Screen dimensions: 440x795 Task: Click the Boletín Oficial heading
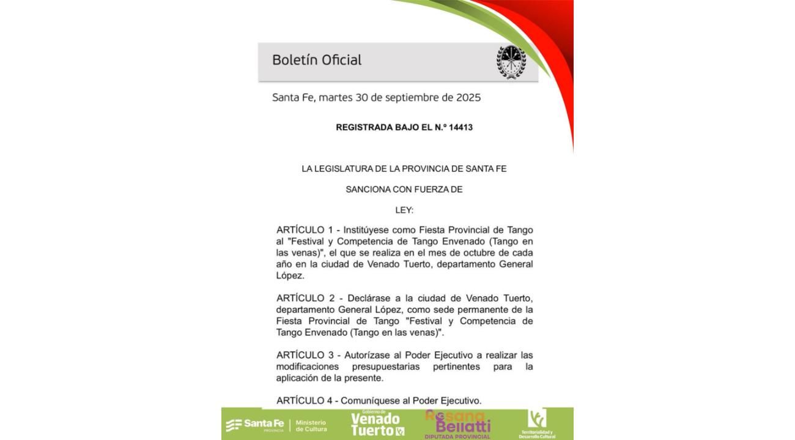click(x=317, y=60)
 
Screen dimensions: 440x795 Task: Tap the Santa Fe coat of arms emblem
click(x=511, y=61)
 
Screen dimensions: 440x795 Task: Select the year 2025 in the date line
click(x=467, y=98)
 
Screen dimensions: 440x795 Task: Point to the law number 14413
click(x=461, y=128)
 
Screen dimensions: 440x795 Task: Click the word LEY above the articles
click(x=404, y=210)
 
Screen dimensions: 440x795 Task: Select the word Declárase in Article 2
click(x=371, y=298)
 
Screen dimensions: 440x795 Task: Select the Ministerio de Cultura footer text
click(x=311, y=425)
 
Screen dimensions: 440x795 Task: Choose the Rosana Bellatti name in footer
click(x=459, y=422)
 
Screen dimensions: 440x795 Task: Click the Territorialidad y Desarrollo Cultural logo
click(x=537, y=424)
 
